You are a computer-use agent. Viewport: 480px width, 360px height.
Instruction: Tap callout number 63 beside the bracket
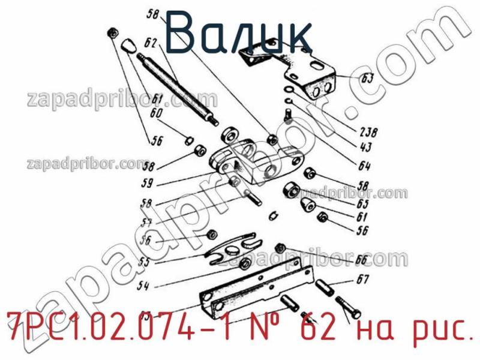click(367, 78)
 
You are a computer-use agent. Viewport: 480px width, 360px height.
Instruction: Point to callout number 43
click(364, 148)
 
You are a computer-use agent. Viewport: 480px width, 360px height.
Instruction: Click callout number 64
click(365, 166)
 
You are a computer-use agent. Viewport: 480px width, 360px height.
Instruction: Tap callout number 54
click(143, 287)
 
